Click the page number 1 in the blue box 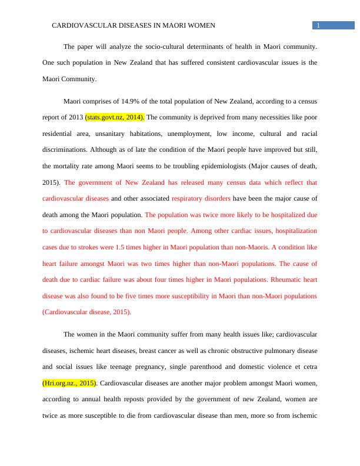tap(318, 25)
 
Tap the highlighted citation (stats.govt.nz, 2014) tap(115, 116)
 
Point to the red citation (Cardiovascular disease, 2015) tap(87, 311)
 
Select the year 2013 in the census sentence tap(76, 116)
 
